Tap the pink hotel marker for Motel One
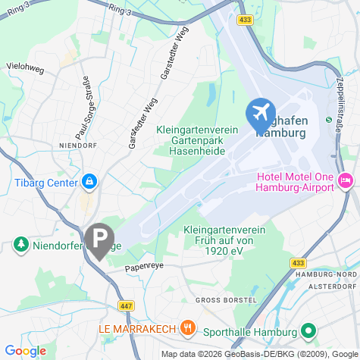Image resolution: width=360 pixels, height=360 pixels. point(346,180)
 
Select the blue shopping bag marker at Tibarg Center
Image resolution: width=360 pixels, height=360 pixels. point(89,182)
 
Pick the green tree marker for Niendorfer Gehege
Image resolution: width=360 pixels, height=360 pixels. point(20,244)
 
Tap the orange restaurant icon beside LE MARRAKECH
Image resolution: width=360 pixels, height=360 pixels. point(189,328)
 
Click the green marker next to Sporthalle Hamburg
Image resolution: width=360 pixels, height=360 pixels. point(308,330)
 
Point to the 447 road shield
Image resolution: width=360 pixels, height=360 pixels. point(124,304)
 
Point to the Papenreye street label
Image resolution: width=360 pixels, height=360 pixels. point(144,267)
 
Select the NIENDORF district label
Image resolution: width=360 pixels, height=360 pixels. point(75,142)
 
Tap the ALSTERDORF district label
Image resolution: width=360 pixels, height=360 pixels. point(333,286)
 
